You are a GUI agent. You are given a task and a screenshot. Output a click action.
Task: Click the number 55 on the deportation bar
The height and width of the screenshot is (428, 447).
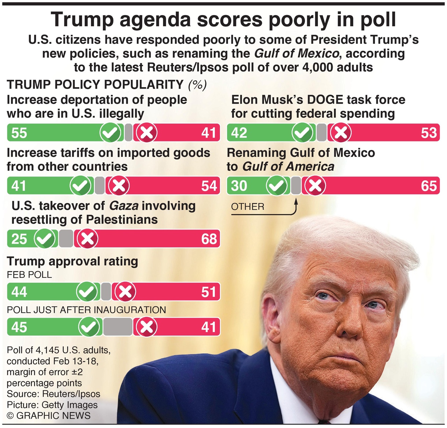[x=19, y=133]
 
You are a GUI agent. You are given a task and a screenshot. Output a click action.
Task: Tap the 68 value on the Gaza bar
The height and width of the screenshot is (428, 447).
[x=209, y=239]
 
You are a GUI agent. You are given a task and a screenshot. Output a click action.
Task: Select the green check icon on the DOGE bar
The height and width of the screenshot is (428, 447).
[x=303, y=133]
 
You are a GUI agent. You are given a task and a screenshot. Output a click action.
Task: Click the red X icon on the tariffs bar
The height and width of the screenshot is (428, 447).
[x=119, y=186]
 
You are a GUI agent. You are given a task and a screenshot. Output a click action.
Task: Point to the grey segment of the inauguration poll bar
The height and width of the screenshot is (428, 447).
[x=118, y=327]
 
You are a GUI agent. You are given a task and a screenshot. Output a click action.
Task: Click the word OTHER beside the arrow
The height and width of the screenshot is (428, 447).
[x=248, y=206]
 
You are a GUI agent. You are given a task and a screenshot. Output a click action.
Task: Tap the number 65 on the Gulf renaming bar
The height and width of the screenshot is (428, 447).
[x=429, y=186]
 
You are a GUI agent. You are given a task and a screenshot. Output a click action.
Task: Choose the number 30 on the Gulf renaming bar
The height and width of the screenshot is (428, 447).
[x=239, y=186]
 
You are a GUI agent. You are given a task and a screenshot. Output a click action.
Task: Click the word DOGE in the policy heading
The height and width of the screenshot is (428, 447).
[x=326, y=100]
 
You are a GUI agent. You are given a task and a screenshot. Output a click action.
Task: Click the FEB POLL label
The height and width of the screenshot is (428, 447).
[x=29, y=275]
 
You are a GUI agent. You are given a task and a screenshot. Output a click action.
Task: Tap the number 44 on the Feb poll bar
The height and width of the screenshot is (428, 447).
[x=19, y=292]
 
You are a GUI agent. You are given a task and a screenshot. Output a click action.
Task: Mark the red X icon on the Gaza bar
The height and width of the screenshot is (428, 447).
[x=87, y=239]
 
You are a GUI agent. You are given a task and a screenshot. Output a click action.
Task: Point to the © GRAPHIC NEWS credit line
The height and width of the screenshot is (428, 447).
[x=49, y=415]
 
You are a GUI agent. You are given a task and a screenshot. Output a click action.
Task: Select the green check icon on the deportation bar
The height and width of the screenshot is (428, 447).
[x=111, y=133]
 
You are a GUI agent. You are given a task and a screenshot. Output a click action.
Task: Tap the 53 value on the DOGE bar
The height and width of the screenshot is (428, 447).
[x=429, y=133]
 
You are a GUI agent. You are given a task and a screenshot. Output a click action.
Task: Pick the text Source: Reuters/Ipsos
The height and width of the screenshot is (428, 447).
[x=54, y=394]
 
